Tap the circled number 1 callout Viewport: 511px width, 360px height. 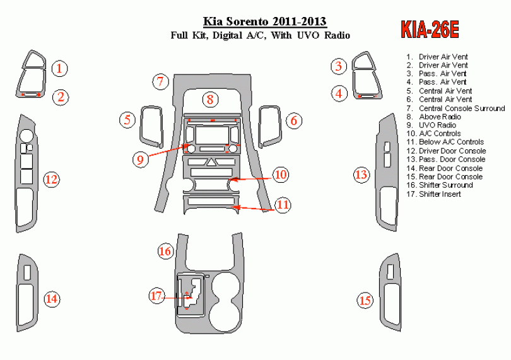pyautogui.click(x=59, y=68)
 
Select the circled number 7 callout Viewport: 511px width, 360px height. pyautogui.click(x=160, y=81)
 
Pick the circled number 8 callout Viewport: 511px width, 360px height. pyautogui.click(x=210, y=99)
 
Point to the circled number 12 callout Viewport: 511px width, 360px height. pyautogui.click(x=51, y=180)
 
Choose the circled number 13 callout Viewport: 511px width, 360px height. pyautogui.click(x=361, y=175)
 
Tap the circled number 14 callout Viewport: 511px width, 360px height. pyautogui.click(x=52, y=298)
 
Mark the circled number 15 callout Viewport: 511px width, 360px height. pyautogui.click(x=365, y=301)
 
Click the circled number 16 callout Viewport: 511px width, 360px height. pyautogui.click(x=165, y=252)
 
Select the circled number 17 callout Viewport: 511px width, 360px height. pyautogui.click(x=157, y=295)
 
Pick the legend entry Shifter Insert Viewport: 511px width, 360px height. pyautogui.click(x=439, y=194)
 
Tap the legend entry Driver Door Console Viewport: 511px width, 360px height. pyautogui.click(x=452, y=151)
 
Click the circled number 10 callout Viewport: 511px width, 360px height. pyautogui.click(x=281, y=175)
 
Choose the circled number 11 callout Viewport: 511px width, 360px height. pyautogui.click(x=282, y=204)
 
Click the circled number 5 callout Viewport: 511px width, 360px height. pyautogui.click(x=128, y=119)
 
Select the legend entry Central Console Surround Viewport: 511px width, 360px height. pyautogui.click(x=461, y=108)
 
